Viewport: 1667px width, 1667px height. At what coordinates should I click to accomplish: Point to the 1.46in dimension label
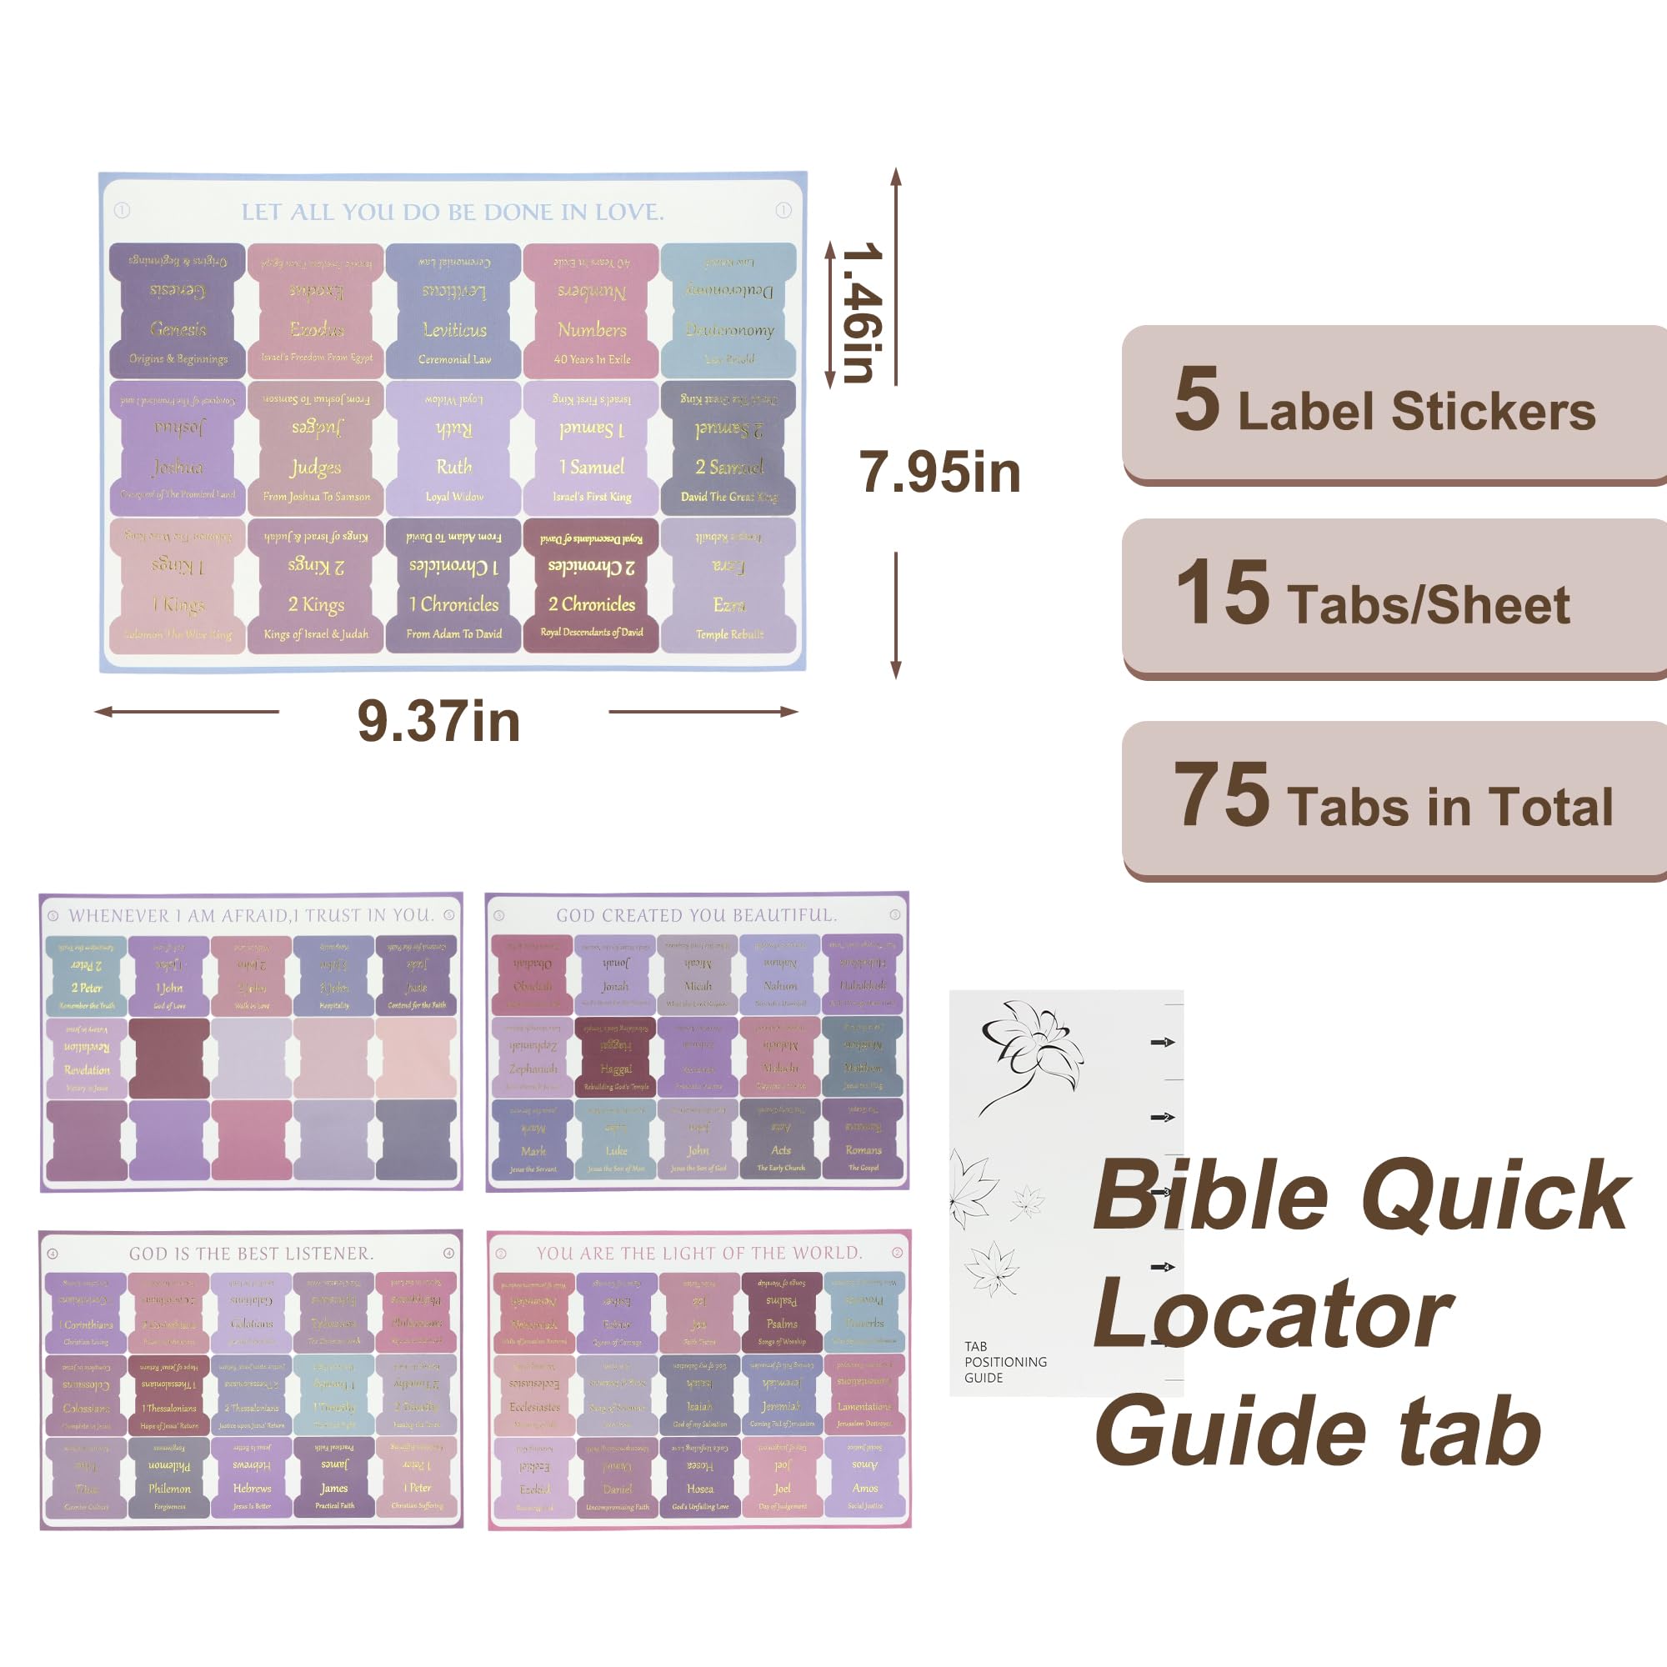[862, 313]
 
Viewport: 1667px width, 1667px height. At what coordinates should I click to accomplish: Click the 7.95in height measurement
[939, 473]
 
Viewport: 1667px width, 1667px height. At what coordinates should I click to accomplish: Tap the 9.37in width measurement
[438, 721]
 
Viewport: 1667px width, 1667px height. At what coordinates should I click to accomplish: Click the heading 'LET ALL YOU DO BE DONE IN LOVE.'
[452, 213]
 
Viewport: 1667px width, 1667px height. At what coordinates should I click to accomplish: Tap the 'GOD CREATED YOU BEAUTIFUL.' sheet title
[696, 915]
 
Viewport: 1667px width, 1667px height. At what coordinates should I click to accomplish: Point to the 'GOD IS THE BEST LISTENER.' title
[251, 1254]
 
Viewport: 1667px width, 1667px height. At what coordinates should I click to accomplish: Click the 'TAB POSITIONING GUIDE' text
[1005, 1362]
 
